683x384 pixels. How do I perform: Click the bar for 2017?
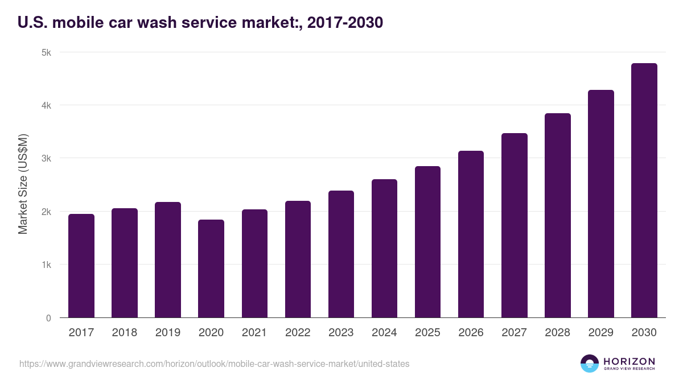[x=81, y=266]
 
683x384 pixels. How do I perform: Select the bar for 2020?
[x=211, y=269]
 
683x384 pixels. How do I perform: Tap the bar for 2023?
[x=341, y=254]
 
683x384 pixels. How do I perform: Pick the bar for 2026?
[x=471, y=234]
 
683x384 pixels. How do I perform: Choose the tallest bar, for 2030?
[x=644, y=191]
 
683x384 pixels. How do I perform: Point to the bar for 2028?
[x=557, y=216]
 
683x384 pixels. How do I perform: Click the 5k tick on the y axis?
[x=46, y=52]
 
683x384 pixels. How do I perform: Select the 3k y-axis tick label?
[x=46, y=158]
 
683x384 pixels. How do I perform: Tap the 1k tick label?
[x=46, y=265]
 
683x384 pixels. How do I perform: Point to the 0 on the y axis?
[x=48, y=318]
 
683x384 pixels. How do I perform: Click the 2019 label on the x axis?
[x=168, y=333]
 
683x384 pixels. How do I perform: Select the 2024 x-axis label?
[x=384, y=333]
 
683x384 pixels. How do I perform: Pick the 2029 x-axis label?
[x=600, y=333]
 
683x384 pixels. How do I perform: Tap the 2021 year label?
[x=254, y=333]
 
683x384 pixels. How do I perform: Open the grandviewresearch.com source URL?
[x=214, y=364]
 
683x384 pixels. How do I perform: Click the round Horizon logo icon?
[x=590, y=364]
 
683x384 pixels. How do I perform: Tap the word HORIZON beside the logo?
[x=629, y=361]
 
